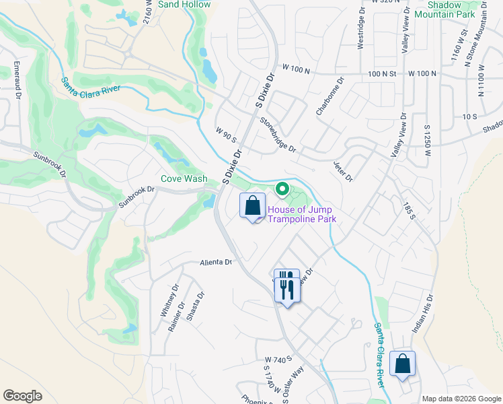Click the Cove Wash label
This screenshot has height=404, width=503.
coord(184,179)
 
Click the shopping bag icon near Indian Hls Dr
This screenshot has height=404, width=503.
coord(402,364)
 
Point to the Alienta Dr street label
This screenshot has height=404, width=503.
coord(216,263)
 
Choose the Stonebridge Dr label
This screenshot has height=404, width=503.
coord(278,134)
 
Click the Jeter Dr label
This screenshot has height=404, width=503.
coord(343,171)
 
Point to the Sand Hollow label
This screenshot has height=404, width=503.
coord(184,4)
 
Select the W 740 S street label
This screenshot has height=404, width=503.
coord(280,360)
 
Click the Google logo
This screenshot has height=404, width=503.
coord(23,396)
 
